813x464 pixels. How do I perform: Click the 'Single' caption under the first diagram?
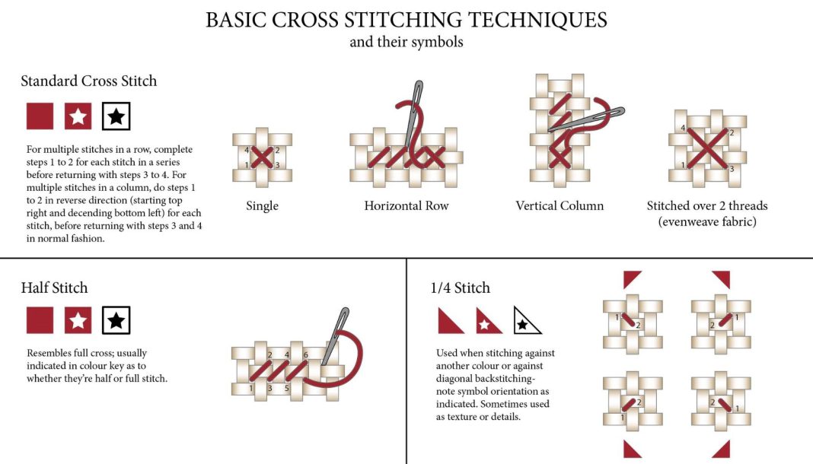click(262, 206)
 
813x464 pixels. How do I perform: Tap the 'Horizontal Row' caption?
click(406, 205)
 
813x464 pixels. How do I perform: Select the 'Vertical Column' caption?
click(560, 205)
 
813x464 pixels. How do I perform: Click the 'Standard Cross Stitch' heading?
click(88, 81)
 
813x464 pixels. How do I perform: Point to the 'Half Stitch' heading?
click(55, 288)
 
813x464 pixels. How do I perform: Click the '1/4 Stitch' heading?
click(460, 288)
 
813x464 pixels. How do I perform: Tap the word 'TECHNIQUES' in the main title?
click(537, 21)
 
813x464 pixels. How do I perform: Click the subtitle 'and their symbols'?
click(406, 42)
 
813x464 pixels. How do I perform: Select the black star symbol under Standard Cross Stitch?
click(116, 116)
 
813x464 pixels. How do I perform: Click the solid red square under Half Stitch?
click(40, 320)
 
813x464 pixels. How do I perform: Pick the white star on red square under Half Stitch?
click(78, 320)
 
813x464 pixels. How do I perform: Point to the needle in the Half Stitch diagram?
click(334, 337)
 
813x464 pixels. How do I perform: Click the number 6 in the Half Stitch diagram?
click(306, 354)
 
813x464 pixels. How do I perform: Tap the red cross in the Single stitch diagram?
click(262, 157)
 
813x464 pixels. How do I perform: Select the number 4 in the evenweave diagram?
click(684, 128)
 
